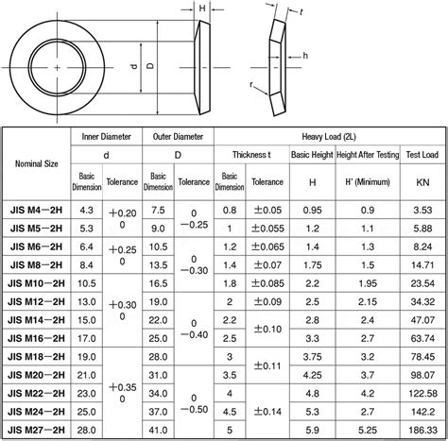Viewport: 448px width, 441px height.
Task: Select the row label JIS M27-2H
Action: pyautogui.click(x=40, y=431)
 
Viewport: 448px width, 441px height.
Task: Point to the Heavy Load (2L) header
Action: pyautogui.click(x=329, y=136)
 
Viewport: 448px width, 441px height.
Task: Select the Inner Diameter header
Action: pyautogui.click(x=106, y=136)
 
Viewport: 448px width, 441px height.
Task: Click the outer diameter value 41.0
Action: pyautogui.click(x=159, y=431)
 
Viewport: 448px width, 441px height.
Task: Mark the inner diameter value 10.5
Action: pyautogui.click(x=86, y=283)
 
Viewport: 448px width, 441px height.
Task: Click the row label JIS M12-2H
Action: pyautogui.click(x=40, y=302)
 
